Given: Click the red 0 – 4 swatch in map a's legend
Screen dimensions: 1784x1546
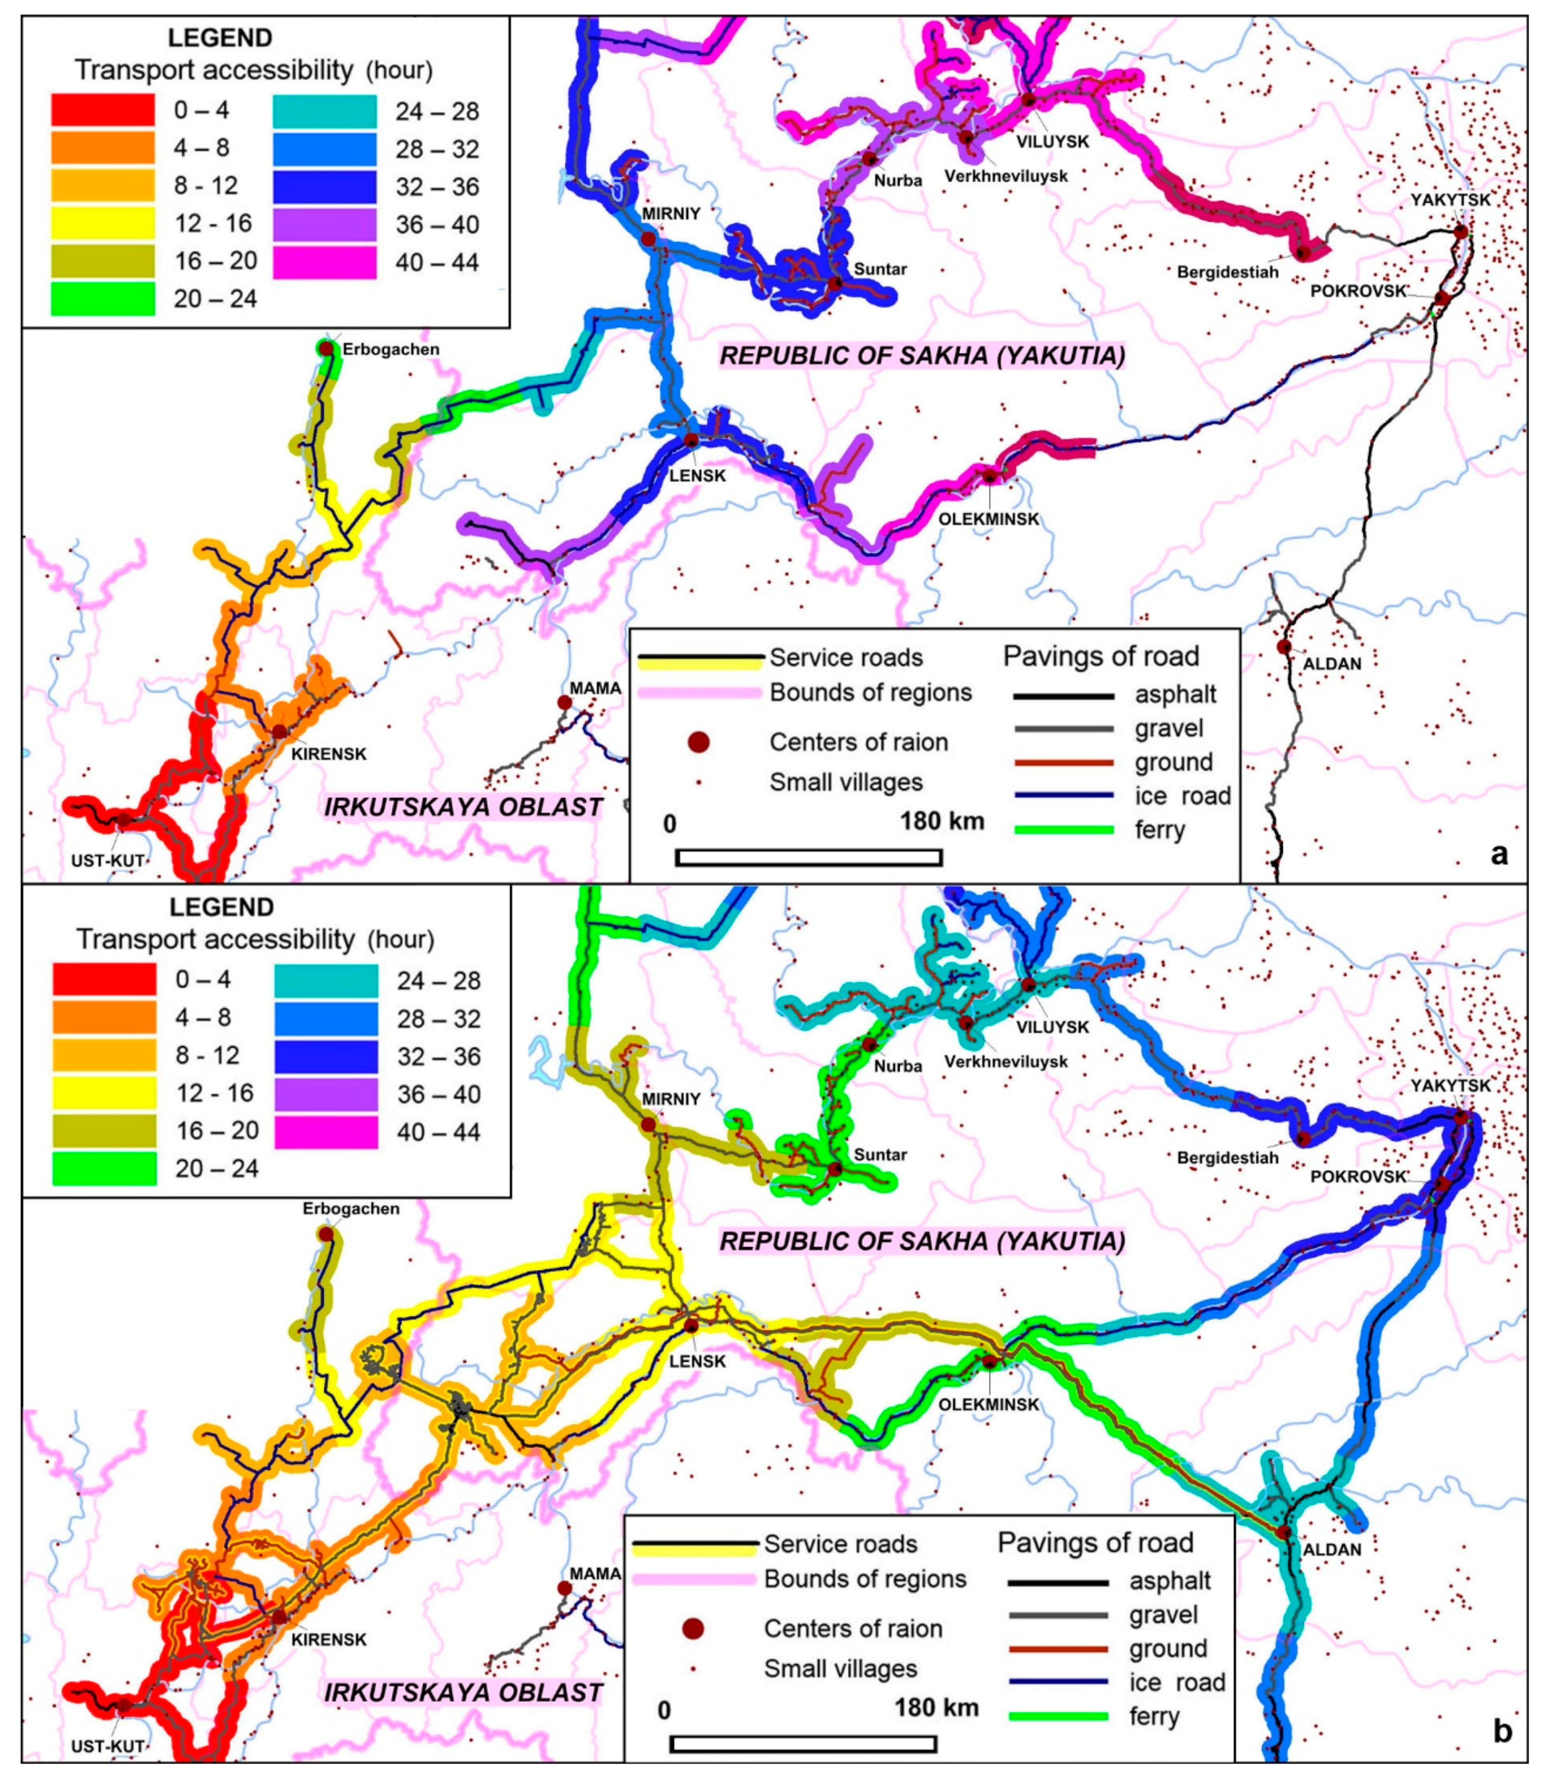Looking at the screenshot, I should click(x=103, y=110).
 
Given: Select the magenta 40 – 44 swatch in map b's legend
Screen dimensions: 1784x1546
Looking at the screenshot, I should click(x=326, y=1132).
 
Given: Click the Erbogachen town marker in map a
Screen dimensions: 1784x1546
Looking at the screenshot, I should click(x=327, y=347).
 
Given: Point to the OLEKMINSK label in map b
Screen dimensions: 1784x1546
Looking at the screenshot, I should click(x=989, y=1404).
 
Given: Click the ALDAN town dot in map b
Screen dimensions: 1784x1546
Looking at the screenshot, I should click(x=1284, y=1531).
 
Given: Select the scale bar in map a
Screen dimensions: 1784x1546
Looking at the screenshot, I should click(x=809, y=857).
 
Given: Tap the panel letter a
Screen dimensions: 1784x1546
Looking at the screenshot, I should click(x=1499, y=854).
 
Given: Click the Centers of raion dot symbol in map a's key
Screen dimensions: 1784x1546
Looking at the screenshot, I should click(x=698, y=742).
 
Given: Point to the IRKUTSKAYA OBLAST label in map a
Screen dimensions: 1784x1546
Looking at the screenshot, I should click(x=463, y=807).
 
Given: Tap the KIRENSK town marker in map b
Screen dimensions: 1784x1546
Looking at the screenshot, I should click(x=279, y=1617).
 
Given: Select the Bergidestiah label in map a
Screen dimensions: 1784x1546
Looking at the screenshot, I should click(x=1227, y=273).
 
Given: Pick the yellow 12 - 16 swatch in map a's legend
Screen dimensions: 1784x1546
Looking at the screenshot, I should click(x=103, y=223).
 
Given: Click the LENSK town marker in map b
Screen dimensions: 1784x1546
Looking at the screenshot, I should click(x=691, y=1325).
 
